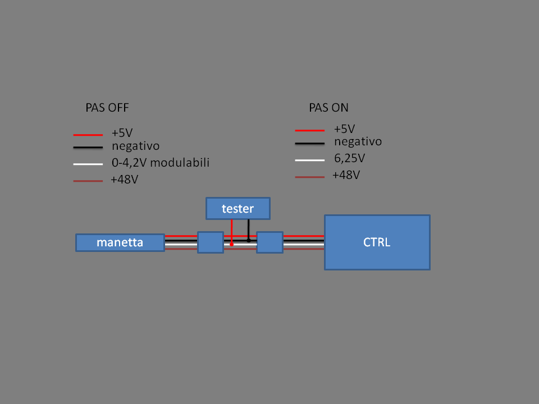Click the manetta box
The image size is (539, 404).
[120, 242]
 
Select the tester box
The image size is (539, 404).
[237, 208]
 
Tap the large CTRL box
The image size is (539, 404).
[377, 242]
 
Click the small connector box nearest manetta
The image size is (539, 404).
[211, 242]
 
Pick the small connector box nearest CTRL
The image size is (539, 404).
[269, 242]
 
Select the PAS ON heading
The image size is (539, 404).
[328, 108]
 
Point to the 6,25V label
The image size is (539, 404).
[349, 158]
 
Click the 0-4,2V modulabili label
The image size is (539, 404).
[161, 163]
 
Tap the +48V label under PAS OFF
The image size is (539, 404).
[124, 180]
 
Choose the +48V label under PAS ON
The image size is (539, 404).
[345, 175]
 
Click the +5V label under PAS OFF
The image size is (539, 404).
[122, 133]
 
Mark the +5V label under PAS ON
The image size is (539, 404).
[344, 128]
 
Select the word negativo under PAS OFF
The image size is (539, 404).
[136, 146]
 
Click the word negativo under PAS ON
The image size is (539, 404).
[358, 141]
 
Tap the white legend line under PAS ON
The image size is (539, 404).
[310, 160]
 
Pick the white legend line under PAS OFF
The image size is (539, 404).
[88, 164]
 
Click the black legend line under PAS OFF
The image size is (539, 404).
[88, 148]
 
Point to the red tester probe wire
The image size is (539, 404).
[231, 231]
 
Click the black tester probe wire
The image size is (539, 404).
[248, 229]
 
